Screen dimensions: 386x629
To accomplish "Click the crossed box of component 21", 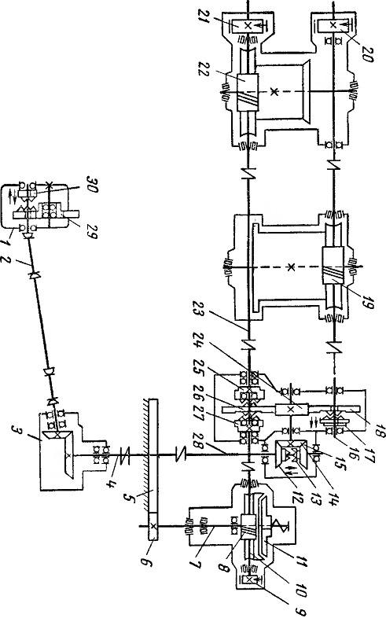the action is point(248,26).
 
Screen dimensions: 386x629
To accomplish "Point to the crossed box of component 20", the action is point(333,25).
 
